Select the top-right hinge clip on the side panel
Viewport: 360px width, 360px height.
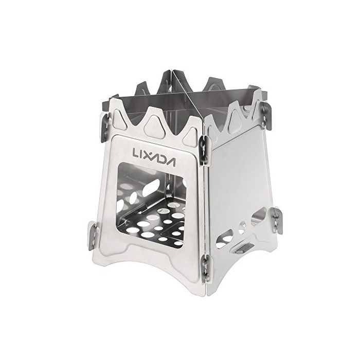pyautogui.click(x=266, y=115)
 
